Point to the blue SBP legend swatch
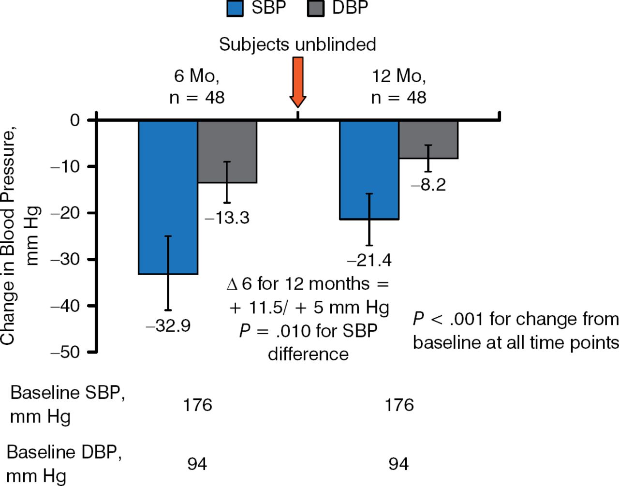coord(235,9)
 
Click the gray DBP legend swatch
coord(316,9)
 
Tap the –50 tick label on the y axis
coord(65,352)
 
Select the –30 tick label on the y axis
coord(65,259)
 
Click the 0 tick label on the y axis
coord(74,120)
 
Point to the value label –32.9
coord(168,326)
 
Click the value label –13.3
coord(227,218)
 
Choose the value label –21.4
coord(369,261)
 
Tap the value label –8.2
coord(428,185)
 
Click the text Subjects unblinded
coord(297,44)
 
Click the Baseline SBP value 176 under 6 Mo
coord(197,405)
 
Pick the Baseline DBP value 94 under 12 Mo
coord(398,464)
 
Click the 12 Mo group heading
coord(398,76)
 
